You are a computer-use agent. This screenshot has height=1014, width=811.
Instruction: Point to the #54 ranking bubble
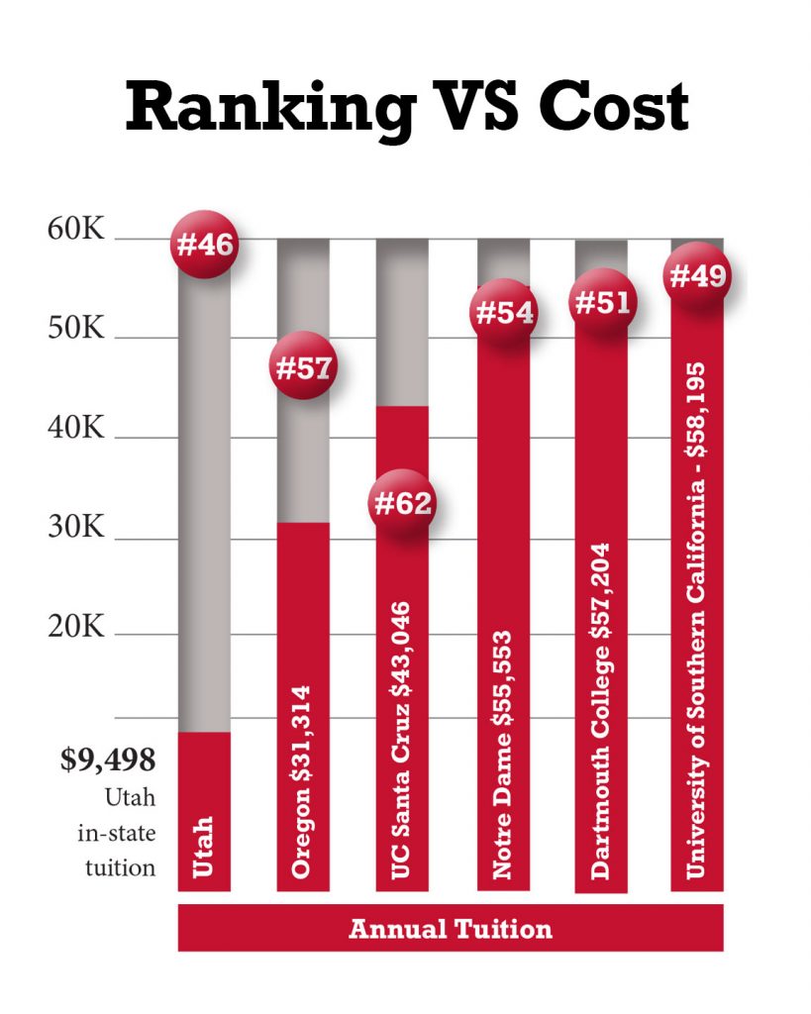504,313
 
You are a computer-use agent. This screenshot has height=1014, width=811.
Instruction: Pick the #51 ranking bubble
601,302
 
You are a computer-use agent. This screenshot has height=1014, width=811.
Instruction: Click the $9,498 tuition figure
108,760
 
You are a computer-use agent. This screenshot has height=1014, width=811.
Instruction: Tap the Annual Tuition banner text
451,929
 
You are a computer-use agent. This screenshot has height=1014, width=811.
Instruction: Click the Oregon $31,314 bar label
302,780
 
